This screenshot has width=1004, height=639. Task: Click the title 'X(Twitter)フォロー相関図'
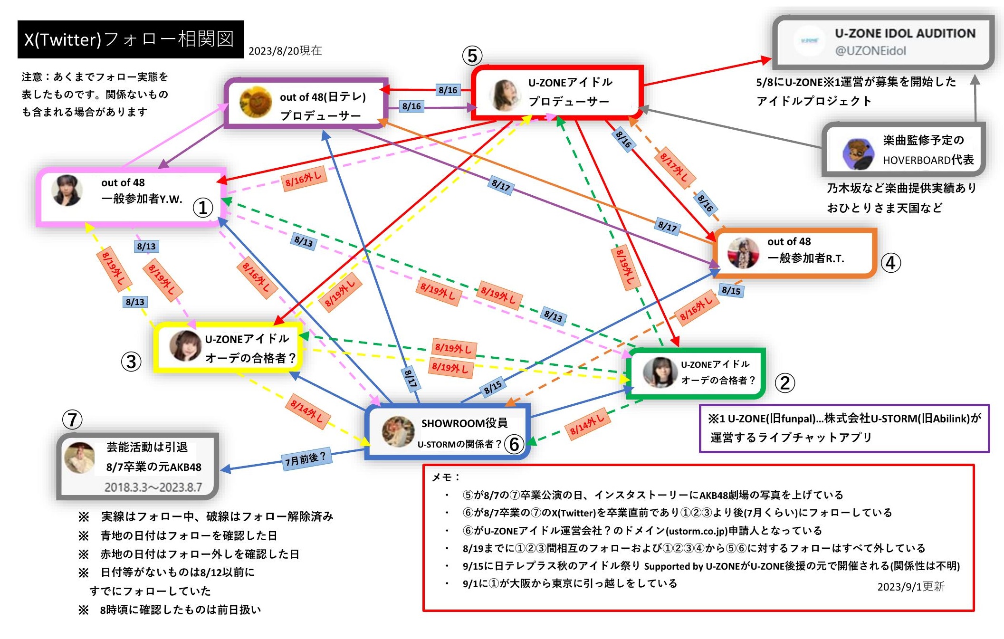click(129, 39)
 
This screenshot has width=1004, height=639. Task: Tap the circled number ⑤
click(472, 56)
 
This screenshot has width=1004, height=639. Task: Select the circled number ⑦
click(72, 420)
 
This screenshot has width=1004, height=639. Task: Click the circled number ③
click(131, 362)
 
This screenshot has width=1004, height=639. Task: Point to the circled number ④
click(890, 263)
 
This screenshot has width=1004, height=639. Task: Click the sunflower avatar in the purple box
click(255, 102)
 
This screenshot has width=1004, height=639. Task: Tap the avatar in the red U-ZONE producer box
click(504, 95)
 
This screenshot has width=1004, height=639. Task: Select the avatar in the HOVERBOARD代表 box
click(858, 154)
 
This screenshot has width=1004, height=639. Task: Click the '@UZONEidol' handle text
click(870, 51)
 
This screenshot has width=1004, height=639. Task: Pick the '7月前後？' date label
click(305, 459)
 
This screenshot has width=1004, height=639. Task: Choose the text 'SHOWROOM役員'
click(464, 423)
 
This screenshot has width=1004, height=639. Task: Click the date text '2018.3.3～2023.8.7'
click(153, 487)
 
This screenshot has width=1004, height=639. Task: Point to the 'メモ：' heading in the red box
click(445, 477)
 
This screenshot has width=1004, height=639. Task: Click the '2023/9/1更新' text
click(911, 586)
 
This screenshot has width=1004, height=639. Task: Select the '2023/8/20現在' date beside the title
click(285, 51)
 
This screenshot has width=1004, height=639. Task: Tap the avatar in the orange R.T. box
click(743, 253)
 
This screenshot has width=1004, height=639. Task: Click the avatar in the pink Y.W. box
click(67, 191)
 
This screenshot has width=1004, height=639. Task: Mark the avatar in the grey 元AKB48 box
click(79, 458)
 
